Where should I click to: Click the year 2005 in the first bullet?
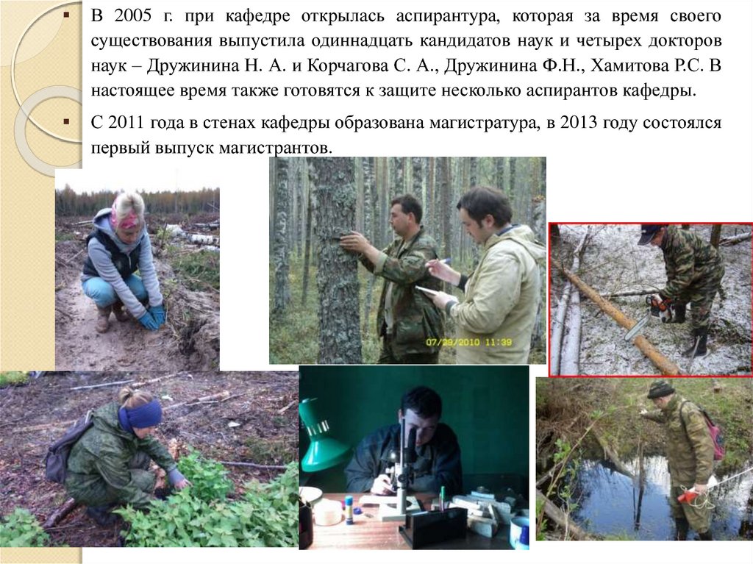(x=133, y=16)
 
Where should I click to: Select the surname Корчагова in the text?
(x=347, y=65)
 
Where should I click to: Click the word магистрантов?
(x=275, y=148)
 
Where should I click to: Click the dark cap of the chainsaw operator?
(x=649, y=232)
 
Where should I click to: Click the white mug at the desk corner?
(x=520, y=532)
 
